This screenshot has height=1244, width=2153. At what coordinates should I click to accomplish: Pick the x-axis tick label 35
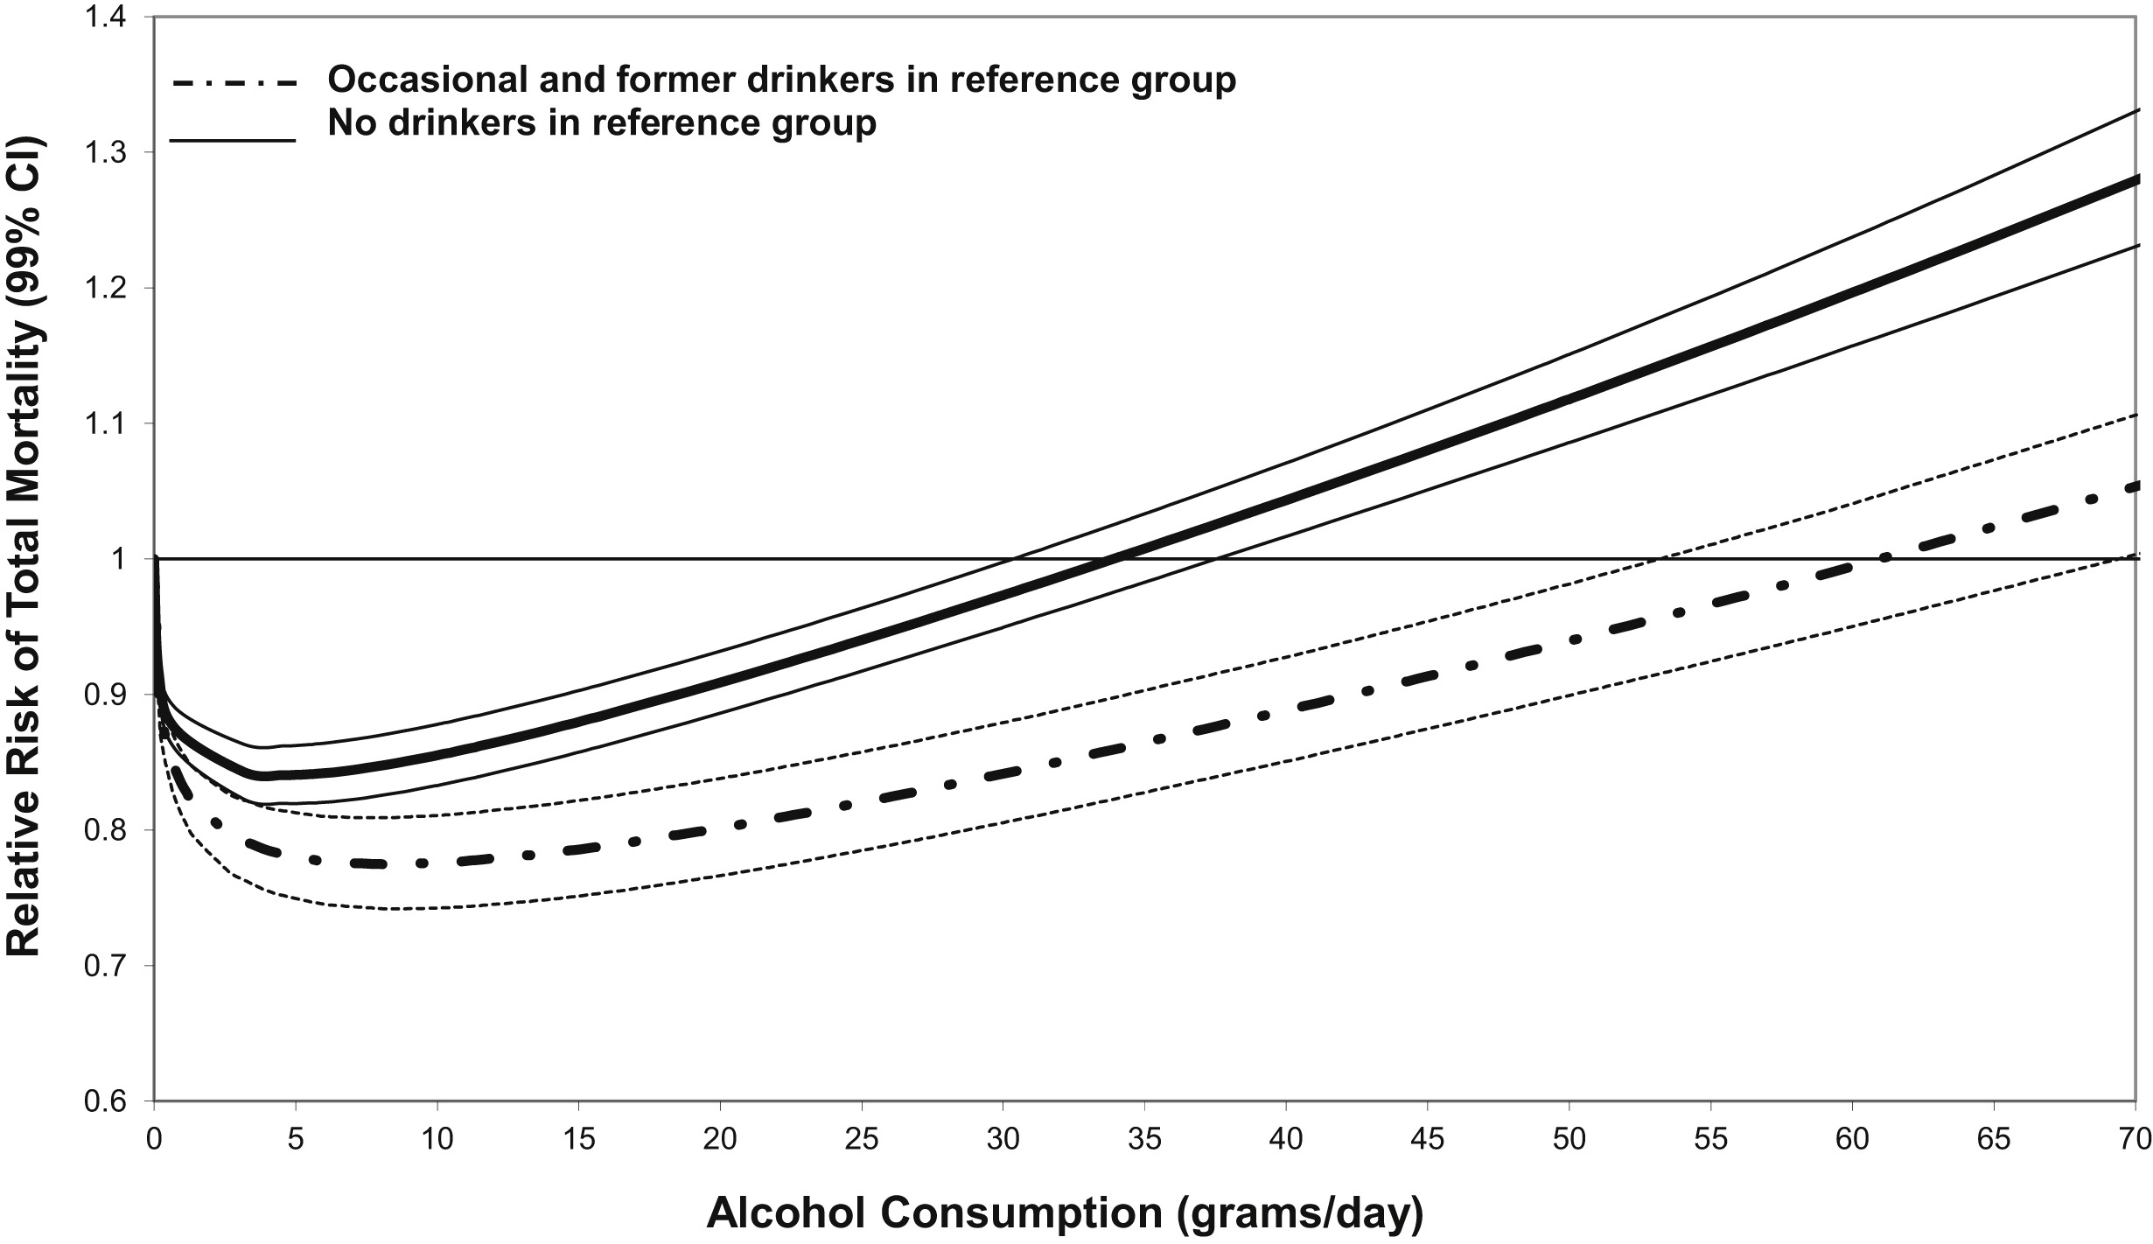click(x=1144, y=1140)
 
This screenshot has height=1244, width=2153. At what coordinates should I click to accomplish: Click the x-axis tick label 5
click(x=296, y=1140)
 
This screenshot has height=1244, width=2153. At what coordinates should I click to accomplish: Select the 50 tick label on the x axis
click(x=1569, y=1140)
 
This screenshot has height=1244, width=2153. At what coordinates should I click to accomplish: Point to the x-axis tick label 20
click(x=719, y=1140)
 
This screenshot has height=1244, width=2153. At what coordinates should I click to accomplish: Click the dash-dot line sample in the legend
click(x=233, y=85)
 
